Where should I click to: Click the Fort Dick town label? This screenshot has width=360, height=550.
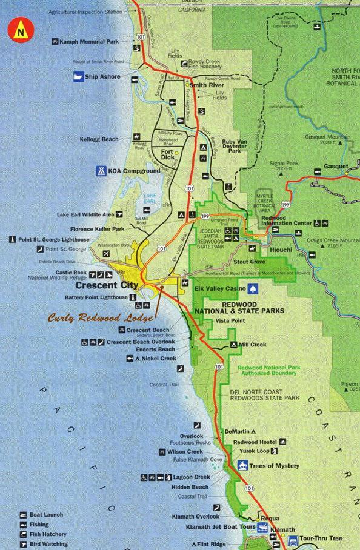(x=167, y=154)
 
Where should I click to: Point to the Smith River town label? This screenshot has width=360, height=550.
(x=207, y=85)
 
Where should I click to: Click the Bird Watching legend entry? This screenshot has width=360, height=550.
(x=48, y=544)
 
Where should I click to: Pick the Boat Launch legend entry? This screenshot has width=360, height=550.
(x=46, y=515)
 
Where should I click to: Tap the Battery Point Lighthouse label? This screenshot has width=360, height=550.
(x=96, y=297)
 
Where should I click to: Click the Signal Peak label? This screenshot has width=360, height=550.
(x=284, y=163)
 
